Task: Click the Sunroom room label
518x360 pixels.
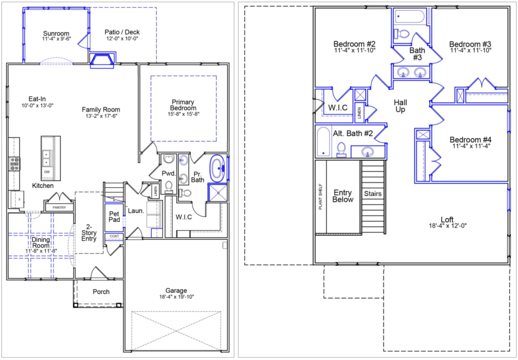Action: tap(56, 33)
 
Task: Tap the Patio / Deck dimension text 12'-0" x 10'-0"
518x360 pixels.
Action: tap(122, 38)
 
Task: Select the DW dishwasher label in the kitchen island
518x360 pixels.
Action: tap(47, 172)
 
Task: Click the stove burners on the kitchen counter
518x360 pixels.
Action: tap(15, 164)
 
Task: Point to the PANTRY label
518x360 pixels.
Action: tap(60, 208)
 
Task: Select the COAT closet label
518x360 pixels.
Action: tap(114, 236)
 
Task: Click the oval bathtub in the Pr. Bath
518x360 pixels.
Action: tap(218, 169)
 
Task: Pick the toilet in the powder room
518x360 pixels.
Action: tap(169, 187)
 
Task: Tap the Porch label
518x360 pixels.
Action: tap(101, 292)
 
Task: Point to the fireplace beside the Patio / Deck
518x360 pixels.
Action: tap(102, 60)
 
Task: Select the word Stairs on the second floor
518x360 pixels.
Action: tap(373, 194)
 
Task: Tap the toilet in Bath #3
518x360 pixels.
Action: tap(402, 33)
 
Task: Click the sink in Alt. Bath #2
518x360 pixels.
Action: tap(367, 152)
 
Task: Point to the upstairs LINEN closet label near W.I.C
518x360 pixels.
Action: tap(359, 113)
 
